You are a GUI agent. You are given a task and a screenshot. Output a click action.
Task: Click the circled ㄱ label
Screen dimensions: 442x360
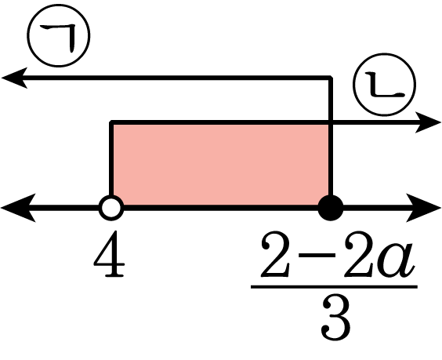pyautogui.click(x=59, y=35)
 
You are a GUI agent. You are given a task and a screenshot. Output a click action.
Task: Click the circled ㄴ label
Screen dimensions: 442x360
pyautogui.click(x=385, y=85)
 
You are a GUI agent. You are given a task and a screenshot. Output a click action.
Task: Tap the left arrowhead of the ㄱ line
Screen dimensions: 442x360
pyautogui.click(x=14, y=78)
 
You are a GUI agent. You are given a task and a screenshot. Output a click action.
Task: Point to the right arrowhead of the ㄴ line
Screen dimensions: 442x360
pyautogui.click(x=428, y=122)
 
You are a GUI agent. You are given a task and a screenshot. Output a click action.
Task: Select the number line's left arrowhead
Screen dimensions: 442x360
pyautogui.click(x=18, y=208)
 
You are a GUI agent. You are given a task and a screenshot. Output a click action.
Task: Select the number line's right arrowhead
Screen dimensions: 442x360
pyautogui.click(x=424, y=208)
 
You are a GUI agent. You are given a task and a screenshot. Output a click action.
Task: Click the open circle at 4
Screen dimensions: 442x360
pyautogui.click(x=111, y=208)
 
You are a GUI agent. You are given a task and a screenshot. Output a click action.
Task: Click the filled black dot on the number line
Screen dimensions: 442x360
pyautogui.click(x=331, y=208)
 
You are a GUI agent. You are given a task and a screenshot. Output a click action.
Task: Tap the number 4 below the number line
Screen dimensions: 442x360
pyautogui.click(x=109, y=254)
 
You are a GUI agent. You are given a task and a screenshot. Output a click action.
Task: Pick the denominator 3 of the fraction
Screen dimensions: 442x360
pyautogui.click(x=336, y=319)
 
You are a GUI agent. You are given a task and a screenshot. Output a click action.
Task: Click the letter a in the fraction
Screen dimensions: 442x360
pyautogui.click(x=397, y=260)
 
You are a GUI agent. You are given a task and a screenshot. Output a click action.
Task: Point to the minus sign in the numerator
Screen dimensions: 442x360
pyautogui.click(x=317, y=255)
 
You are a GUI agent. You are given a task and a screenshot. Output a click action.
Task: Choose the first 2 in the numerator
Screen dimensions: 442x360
pyautogui.click(x=275, y=254)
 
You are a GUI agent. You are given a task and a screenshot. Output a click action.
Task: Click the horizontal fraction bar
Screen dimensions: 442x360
pyautogui.click(x=334, y=287)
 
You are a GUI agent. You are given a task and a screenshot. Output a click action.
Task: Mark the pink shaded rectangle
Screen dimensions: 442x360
pyautogui.click(x=221, y=164)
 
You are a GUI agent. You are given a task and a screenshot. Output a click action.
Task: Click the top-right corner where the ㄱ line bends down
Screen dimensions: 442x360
pyautogui.click(x=331, y=78)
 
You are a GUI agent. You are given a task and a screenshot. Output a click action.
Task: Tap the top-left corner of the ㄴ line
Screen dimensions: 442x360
pyautogui.click(x=111, y=122)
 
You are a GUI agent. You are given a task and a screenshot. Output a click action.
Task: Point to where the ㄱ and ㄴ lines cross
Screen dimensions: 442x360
pyautogui.click(x=331, y=122)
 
